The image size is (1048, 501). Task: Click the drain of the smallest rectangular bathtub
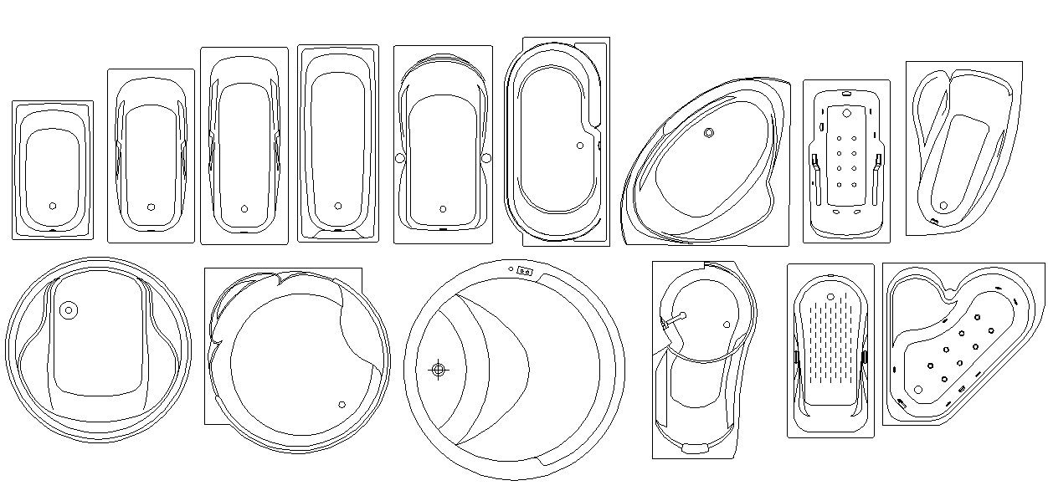tap(53, 205)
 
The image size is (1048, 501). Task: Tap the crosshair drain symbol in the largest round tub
tap(438, 369)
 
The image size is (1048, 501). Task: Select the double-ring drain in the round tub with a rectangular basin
tap(69, 310)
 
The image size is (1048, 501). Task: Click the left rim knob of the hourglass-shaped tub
tap(399, 157)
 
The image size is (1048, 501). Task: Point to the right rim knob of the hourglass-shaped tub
tap(486, 157)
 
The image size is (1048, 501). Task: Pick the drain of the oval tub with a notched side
tap(580, 146)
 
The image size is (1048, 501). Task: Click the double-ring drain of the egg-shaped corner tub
tap(709, 132)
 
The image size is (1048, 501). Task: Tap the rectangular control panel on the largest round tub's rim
tap(526, 270)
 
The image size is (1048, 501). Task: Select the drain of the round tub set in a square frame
tap(342, 405)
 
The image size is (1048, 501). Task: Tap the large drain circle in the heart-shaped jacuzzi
tap(918, 390)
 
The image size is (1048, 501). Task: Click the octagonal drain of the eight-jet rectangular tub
tap(846, 112)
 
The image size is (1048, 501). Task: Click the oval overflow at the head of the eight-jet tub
tap(845, 92)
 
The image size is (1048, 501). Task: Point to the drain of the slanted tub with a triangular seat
tap(943, 205)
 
